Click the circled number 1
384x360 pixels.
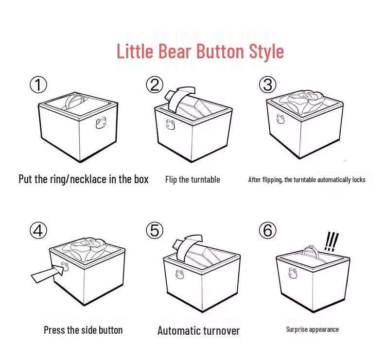coord(38,85)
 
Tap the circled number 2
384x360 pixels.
coord(155,85)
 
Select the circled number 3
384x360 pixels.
coord(268,85)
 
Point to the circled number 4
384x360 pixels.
coord(38,230)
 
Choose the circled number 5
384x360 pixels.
coord(155,230)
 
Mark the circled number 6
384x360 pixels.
coord(268,230)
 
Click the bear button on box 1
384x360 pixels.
coord(101,123)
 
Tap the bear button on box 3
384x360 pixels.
coord(280,119)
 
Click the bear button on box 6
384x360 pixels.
coord(293,273)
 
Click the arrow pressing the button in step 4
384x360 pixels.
coord(48,274)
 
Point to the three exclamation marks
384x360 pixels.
coord(332,241)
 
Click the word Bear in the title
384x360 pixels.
coord(175,51)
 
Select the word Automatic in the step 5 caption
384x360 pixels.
coord(176,330)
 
